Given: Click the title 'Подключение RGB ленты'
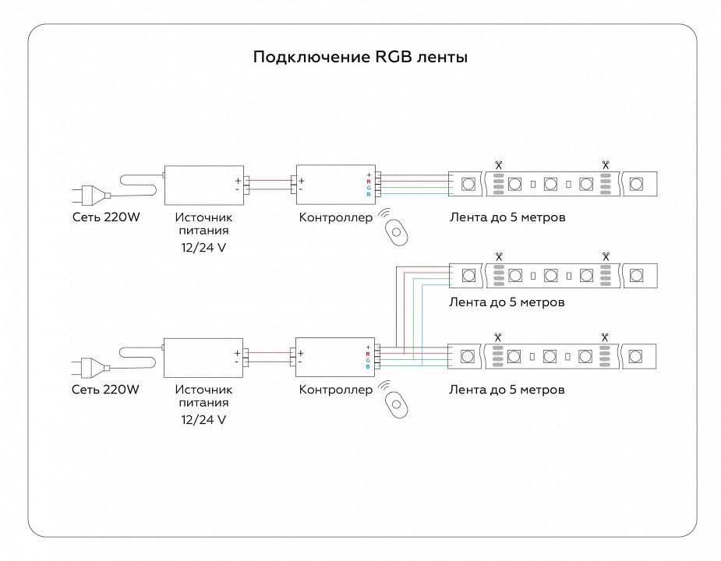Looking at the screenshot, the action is click(360, 57).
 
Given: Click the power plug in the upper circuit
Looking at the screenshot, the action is click(90, 194).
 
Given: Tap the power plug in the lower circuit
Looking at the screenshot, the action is click(90, 368).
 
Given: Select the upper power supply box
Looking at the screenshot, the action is click(204, 185).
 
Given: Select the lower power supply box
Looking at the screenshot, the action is click(203, 358).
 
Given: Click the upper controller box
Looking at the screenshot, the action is click(336, 185).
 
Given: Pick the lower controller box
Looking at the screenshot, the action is click(335, 358).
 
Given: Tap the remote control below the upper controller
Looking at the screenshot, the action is click(397, 233).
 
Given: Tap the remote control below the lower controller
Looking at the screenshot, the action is click(397, 405).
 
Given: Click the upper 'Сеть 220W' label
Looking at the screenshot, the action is click(106, 217).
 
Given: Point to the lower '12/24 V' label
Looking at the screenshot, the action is click(203, 420).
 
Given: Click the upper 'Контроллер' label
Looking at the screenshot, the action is click(336, 217).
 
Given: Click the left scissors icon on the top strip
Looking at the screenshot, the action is click(499, 164).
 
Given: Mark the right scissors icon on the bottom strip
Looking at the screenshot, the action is click(605, 337).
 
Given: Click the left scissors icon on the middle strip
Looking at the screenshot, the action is click(499, 256).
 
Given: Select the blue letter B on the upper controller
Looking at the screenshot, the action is click(369, 195).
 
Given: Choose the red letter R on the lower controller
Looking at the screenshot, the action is click(368, 354).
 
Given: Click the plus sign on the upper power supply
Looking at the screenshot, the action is click(239, 181).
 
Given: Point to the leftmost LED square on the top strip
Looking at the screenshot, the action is click(468, 184).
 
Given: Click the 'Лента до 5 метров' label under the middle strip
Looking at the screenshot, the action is click(507, 302).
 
